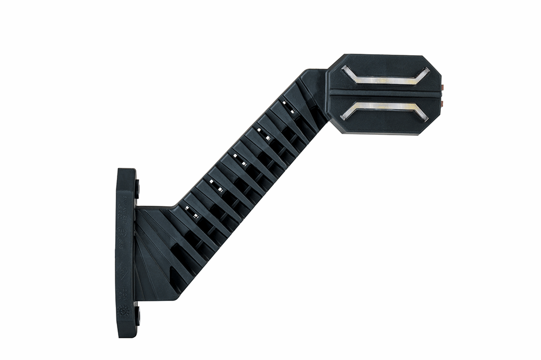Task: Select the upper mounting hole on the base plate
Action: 137,189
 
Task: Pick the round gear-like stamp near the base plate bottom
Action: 123,313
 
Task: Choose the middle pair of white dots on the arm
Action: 239,160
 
